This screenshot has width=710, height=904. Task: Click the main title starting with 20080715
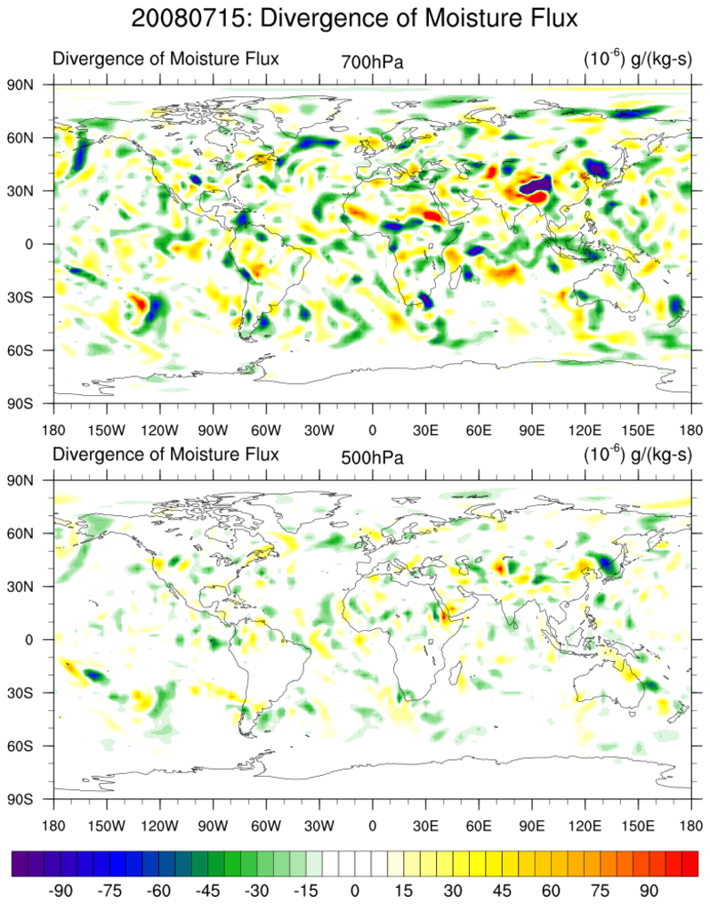pos(354,17)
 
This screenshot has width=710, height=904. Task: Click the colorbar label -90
pos(61,890)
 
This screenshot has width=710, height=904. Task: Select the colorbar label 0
pos(354,890)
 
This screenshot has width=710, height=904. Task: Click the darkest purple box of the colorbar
pos(20,863)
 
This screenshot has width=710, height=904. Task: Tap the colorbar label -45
pos(208,890)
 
